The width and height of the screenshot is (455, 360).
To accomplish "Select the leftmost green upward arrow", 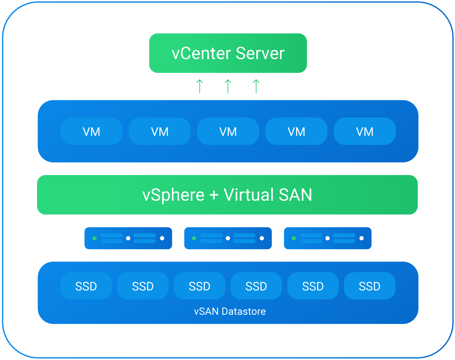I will click(200, 86).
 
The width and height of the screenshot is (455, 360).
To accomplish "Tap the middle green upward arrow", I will click(228, 86).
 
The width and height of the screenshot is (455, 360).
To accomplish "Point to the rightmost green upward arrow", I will click(256, 86).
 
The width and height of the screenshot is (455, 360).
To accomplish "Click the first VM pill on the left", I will click(91, 132).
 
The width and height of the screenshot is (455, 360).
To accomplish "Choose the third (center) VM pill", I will click(228, 132).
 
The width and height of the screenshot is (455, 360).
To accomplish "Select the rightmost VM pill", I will click(365, 132).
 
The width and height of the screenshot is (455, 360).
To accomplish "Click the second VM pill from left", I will click(160, 132).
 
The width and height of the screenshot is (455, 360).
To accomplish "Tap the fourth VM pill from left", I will click(296, 132).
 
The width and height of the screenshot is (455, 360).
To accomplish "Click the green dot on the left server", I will click(94, 238).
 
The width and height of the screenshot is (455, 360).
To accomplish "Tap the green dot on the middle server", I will click(194, 238).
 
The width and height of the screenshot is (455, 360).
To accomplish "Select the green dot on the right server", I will click(294, 238).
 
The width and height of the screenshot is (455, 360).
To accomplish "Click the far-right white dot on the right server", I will click(361, 238).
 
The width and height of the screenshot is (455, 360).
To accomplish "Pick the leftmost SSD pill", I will click(86, 286).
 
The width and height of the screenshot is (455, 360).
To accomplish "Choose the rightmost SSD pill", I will click(369, 286).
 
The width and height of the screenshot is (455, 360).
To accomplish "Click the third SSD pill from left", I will click(199, 286).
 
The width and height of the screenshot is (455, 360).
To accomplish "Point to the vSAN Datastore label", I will click(230, 311).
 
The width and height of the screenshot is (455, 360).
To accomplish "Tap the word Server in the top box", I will click(260, 53).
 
